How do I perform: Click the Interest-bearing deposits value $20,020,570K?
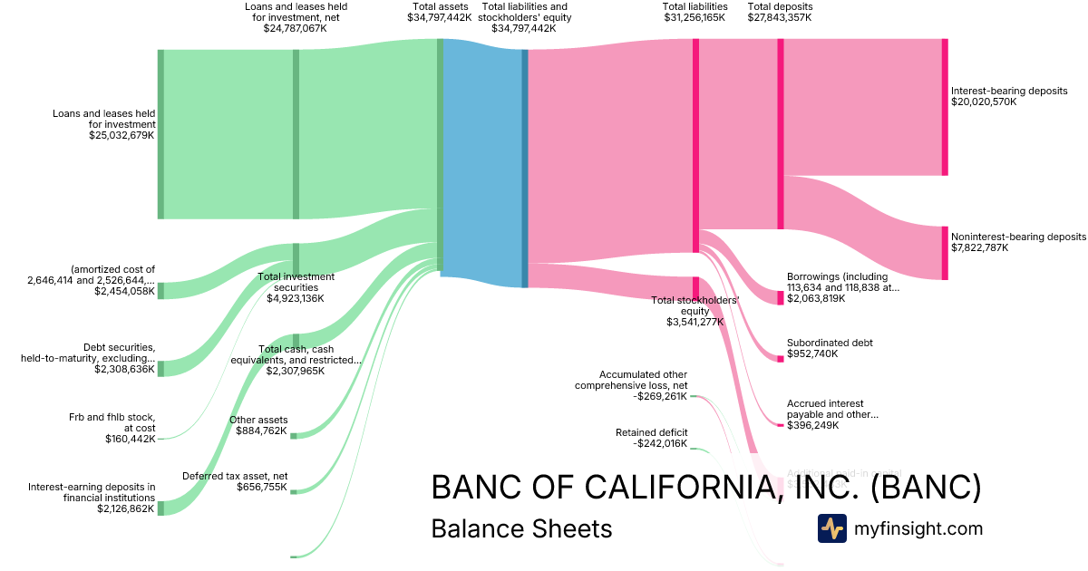click(x=984, y=102)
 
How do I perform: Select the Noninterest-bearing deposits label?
click(x=1018, y=237)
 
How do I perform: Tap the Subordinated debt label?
click(x=830, y=343)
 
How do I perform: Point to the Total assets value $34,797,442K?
click(x=439, y=17)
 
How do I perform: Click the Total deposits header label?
click(x=780, y=6)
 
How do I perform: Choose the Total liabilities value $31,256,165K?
click(x=695, y=17)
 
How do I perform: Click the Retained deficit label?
click(x=651, y=432)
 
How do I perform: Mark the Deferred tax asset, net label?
click(x=235, y=476)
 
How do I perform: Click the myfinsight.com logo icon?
click(x=831, y=528)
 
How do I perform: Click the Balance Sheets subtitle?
click(x=521, y=528)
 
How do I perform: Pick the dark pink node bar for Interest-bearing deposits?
click(x=944, y=106)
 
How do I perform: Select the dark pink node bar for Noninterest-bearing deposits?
click(x=944, y=253)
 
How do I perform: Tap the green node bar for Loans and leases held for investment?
click(x=160, y=134)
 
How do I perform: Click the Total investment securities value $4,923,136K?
click(x=295, y=298)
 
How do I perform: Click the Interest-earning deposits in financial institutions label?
click(x=92, y=492)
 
